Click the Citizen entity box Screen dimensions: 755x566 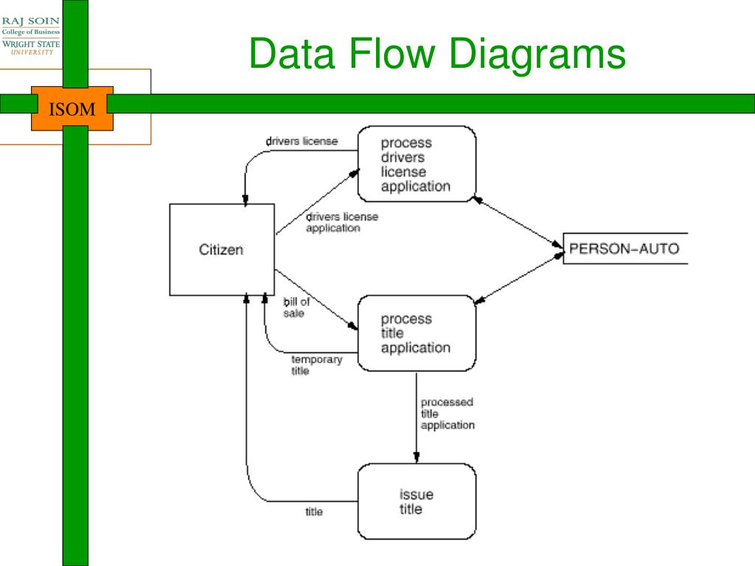(x=222, y=249)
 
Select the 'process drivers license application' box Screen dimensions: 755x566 (x=417, y=164)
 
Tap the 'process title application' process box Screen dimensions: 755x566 (x=417, y=333)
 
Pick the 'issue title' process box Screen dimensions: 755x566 (x=417, y=501)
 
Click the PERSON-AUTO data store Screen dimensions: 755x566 (x=625, y=248)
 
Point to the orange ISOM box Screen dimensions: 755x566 (x=72, y=109)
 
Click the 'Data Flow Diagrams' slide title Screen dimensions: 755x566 (x=436, y=53)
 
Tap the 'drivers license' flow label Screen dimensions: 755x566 (x=302, y=141)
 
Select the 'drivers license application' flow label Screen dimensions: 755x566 (x=342, y=223)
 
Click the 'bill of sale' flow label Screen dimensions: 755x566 (x=296, y=307)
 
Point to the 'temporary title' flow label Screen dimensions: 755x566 (x=316, y=365)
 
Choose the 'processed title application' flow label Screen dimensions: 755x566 (x=448, y=413)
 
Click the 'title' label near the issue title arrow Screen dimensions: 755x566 (x=313, y=511)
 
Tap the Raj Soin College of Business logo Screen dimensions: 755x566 (x=31, y=35)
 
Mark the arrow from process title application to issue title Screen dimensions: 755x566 (x=417, y=417)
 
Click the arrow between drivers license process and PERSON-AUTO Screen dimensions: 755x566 (x=518, y=222)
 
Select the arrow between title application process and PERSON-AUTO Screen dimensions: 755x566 (x=518, y=279)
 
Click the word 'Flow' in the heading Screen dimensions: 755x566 (x=392, y=52)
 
